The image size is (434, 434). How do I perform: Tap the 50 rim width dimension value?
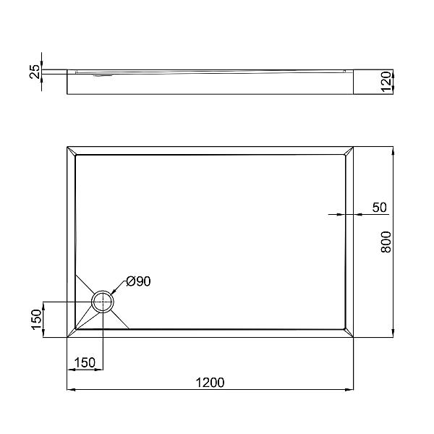point(379,208)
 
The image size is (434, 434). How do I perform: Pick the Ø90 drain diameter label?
point(138,281)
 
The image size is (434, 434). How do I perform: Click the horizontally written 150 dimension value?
point(85,362)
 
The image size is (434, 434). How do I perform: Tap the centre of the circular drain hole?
point(103,302)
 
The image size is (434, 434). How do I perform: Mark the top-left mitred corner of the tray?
point(71,151)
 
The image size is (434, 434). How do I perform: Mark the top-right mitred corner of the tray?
point(349,151)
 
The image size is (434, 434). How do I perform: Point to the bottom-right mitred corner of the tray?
point(349,333)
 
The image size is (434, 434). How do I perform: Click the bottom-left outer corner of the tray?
point(67,337)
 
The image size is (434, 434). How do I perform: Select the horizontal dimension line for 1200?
point(210,391)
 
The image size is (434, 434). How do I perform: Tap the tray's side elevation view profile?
point(210,82)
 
